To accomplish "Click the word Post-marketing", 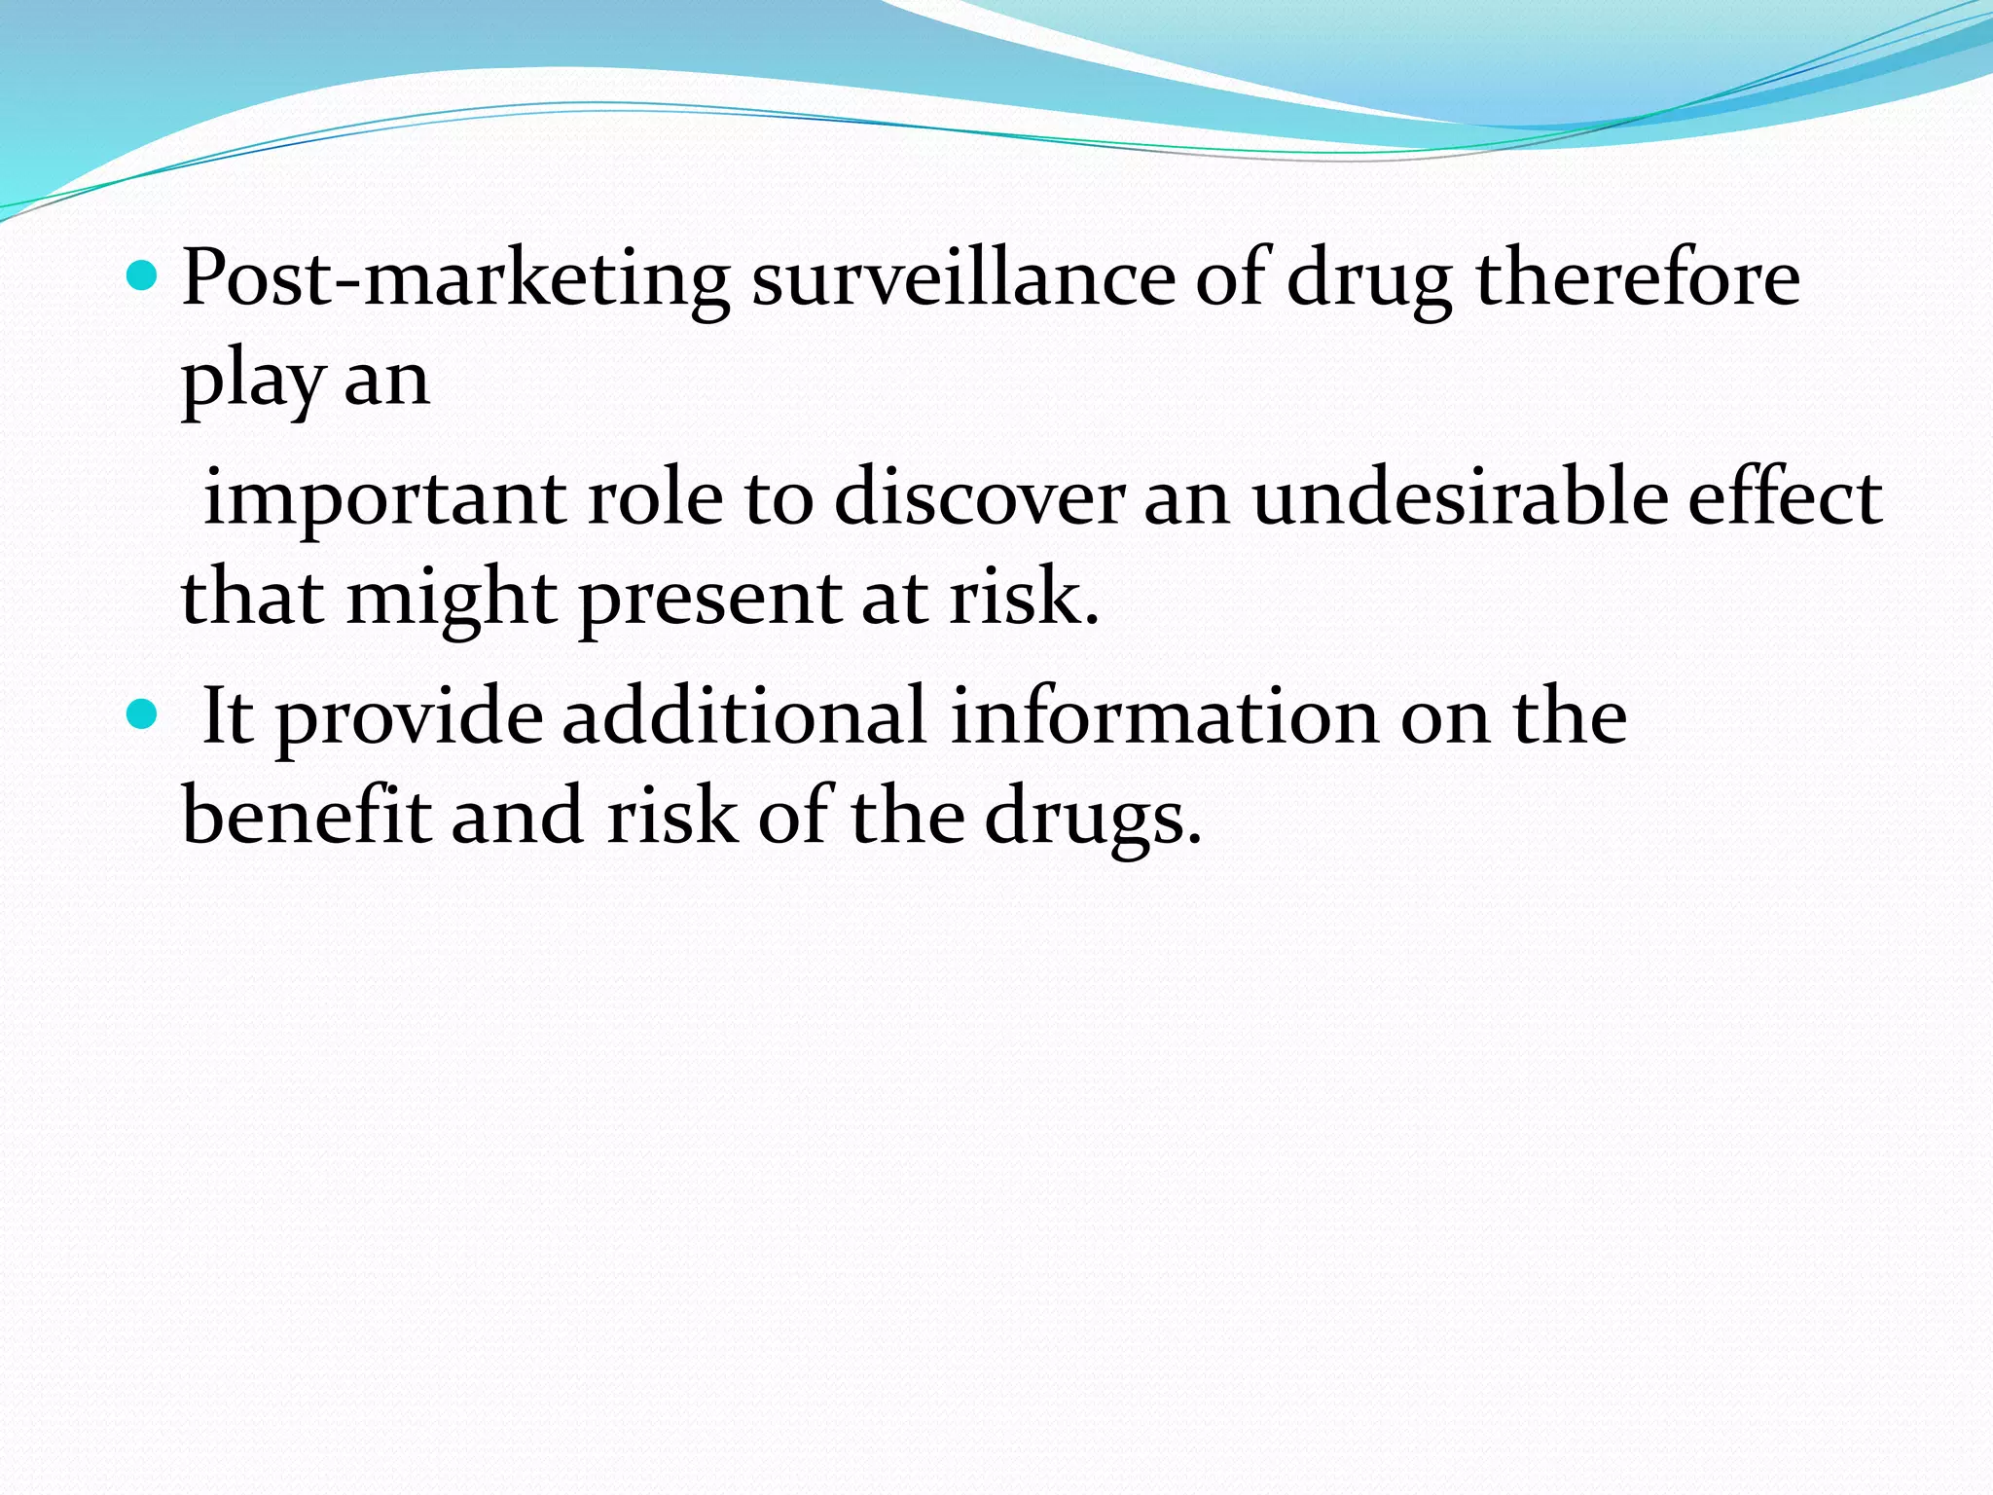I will [455, 279].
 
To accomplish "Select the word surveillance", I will [962, 279].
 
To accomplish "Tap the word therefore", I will [1638, 279].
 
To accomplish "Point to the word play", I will [252, 382].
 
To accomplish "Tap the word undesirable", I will [1459, 498].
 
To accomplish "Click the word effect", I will [1785, 498].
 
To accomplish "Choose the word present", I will [710, 601].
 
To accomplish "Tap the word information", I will [1164, 717].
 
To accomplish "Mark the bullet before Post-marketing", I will [142, 277].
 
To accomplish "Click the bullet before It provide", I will [142, 715].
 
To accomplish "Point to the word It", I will [228, 717].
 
